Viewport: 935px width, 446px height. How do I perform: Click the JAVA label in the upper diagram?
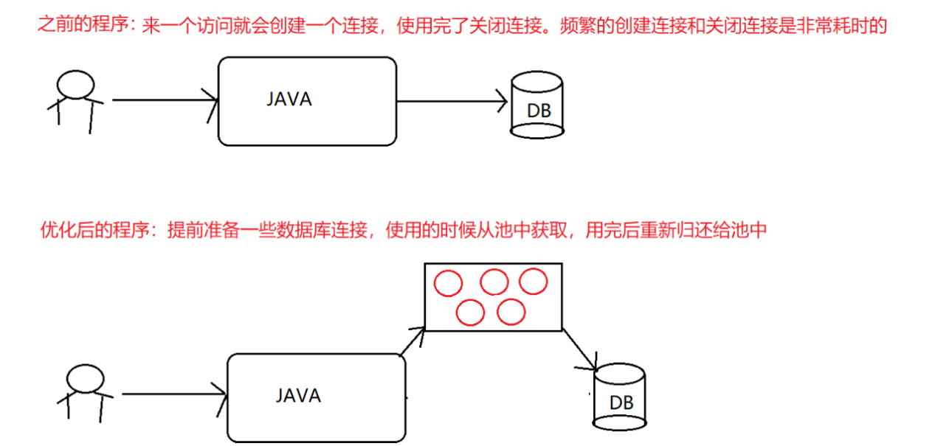coord(289,100)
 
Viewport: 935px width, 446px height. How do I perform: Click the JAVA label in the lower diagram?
coord(298,396)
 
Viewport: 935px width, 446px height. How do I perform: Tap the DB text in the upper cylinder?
coord(539,111)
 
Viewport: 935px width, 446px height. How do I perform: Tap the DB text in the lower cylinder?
coord(621,403)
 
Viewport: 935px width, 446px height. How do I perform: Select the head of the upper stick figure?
coord(75,71)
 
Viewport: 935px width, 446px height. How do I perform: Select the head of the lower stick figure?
coord(85,365)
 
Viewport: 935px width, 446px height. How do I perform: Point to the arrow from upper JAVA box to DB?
coord(452,101)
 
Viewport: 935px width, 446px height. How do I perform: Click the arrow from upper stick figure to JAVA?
coord(165,100)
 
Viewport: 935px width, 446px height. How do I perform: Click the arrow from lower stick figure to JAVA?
coord(174,394)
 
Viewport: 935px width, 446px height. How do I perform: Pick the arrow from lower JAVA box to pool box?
coord(413,341)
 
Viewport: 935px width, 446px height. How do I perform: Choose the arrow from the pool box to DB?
coord(580,349)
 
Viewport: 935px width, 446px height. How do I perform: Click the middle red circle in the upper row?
coord(494,270)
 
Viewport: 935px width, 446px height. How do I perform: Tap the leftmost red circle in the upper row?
coord(448,271)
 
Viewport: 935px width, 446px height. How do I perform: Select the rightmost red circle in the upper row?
coord(534,268)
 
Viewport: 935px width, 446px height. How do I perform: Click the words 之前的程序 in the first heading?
coord(83,25)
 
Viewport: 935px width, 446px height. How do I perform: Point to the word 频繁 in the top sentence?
coord(578,26)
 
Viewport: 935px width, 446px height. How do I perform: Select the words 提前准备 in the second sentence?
coord(203,230)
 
